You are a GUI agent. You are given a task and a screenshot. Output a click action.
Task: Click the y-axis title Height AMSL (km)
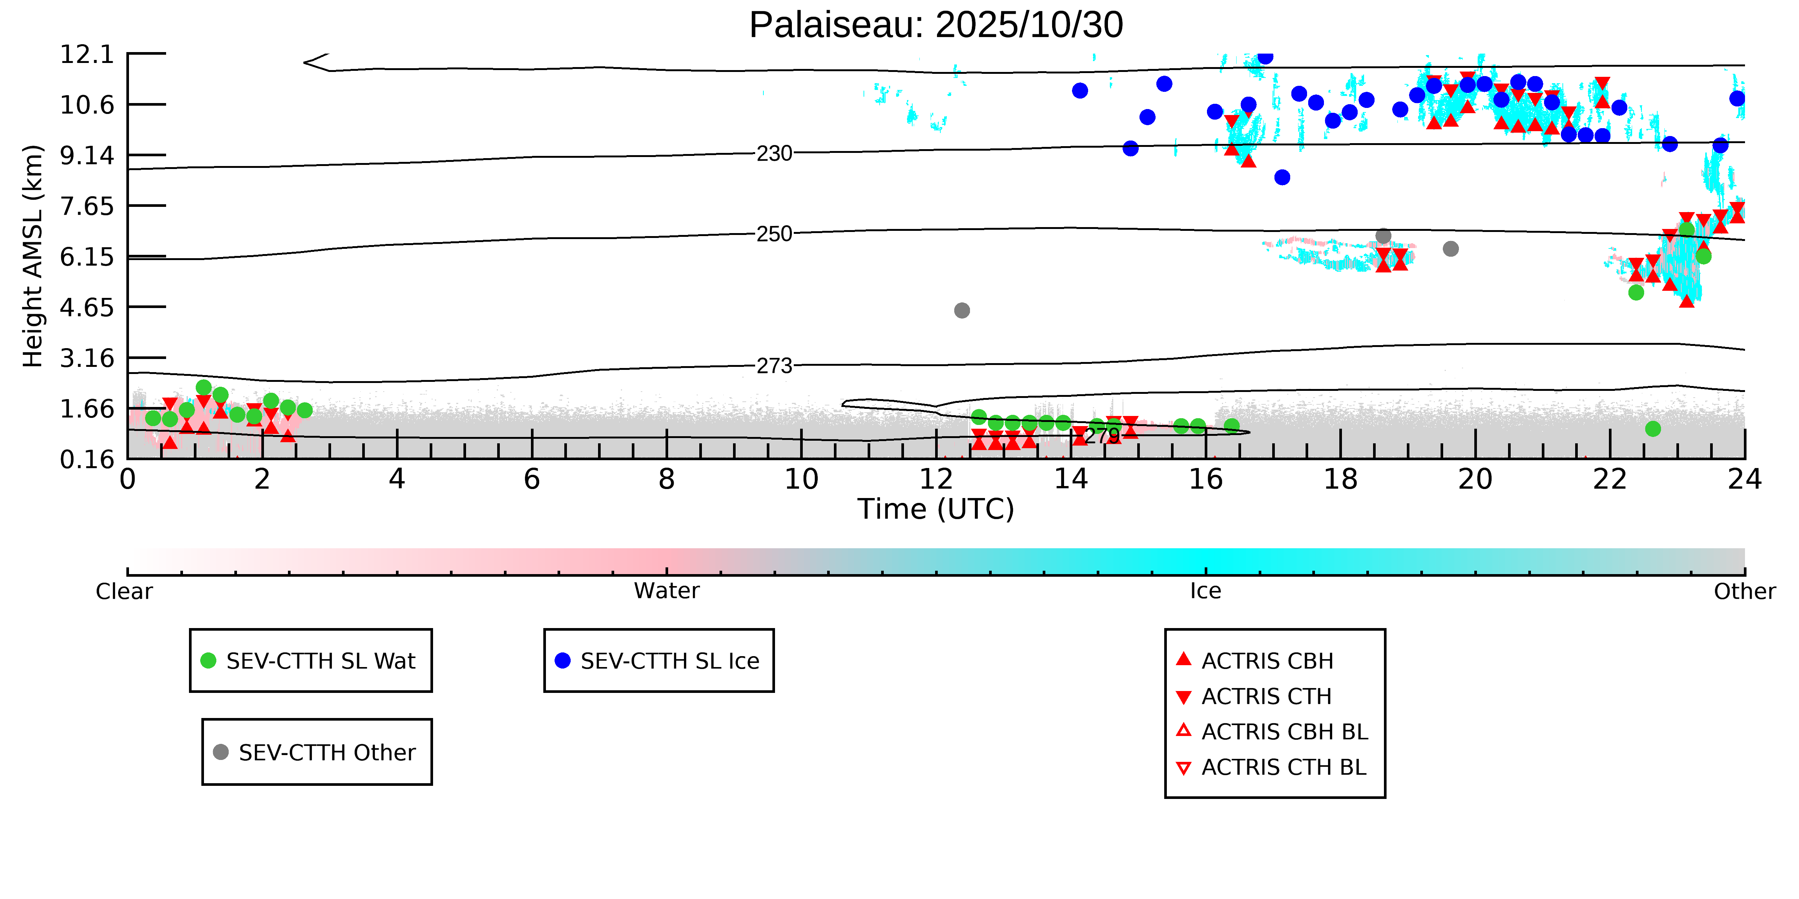33,256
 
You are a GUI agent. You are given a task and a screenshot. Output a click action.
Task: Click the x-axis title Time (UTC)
936,509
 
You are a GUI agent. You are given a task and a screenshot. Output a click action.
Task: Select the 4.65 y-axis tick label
87,307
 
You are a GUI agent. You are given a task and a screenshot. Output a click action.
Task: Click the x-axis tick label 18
1340,480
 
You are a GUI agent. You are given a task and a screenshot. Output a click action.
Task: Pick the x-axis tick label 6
531,480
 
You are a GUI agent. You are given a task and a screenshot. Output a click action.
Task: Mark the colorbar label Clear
124,591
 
